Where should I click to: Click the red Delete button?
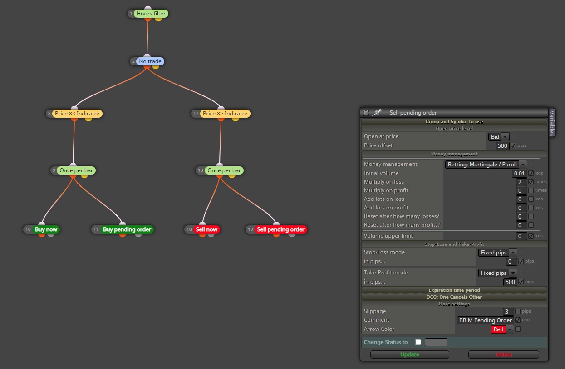tap(503, 354)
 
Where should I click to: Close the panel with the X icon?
tap(366, 113)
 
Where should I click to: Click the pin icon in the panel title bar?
tap(377, 112)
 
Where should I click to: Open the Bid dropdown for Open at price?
tap(499, 137)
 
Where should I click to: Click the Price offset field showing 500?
tap(502, 146)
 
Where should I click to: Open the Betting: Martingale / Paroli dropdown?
tap(486, 165)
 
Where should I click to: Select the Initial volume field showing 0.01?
tap(519, 173)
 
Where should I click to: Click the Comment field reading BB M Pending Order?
tap(485, 320)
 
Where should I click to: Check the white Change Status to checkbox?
tap(418, 342)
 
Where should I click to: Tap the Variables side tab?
tap(552, 123)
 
